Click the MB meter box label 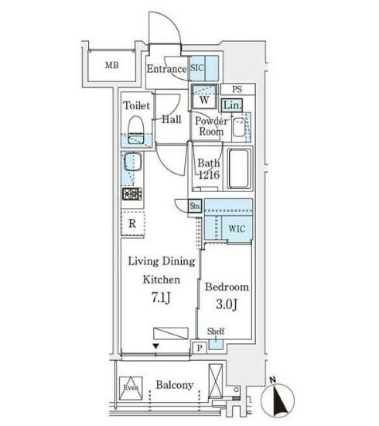(112, 65)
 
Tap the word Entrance (166, 69)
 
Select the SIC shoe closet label (196, 67)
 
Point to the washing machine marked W (204, 97)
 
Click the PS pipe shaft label (237, 89)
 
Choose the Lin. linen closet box (232, 105)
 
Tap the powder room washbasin (239, 127)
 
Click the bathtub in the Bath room (239, 169)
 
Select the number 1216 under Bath (209, 175)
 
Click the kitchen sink (133, 162)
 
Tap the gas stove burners (132, 194)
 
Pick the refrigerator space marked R (133, 223)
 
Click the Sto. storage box (195, 206)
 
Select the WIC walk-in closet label (237, 228)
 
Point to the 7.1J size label (161, 298)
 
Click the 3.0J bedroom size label (227, 304)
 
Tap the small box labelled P (200, 348)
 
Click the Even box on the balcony (131, 388)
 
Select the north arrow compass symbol (277, 399)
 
